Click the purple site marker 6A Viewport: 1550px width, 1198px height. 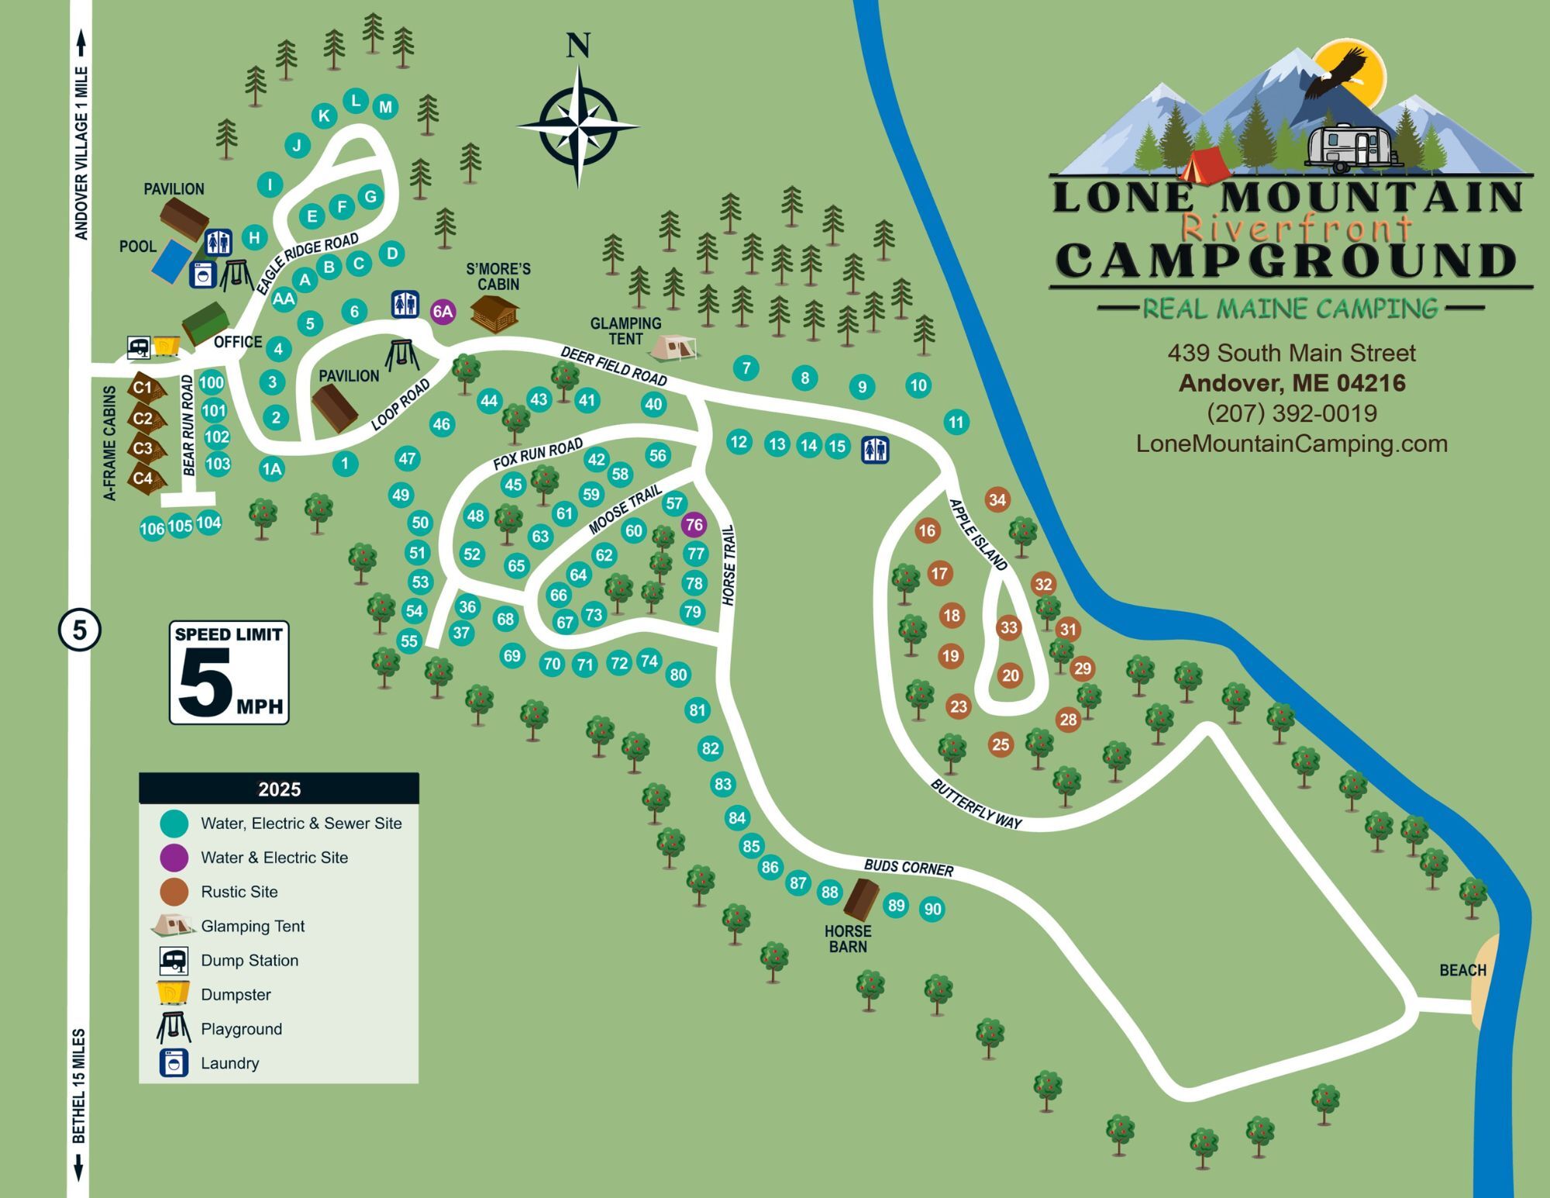pos(443,312)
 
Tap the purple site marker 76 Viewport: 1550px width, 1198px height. pos(694,525)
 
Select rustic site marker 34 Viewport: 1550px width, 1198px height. pos(997,500)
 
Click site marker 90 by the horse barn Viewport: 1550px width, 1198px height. pos(932,910)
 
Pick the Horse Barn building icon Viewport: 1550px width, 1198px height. pos(860,899)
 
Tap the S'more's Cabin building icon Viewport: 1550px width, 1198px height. pos(494,313)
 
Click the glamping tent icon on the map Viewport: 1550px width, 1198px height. pos(672,347)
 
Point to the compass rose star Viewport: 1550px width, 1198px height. pos(578,126)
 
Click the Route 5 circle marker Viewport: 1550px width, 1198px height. pos(80,630)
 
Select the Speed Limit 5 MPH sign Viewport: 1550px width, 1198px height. pos(229,672)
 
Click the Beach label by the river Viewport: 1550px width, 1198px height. pos(1462,970)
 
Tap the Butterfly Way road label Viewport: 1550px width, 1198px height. pos(976,804)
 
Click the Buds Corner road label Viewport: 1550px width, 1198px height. pos(908,867)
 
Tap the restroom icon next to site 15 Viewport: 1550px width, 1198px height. pos(875,450)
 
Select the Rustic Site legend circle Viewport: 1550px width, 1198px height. pos(174,892)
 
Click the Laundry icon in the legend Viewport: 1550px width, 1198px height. pos(174,1063)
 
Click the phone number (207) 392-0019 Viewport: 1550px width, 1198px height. pos(1291,413)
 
